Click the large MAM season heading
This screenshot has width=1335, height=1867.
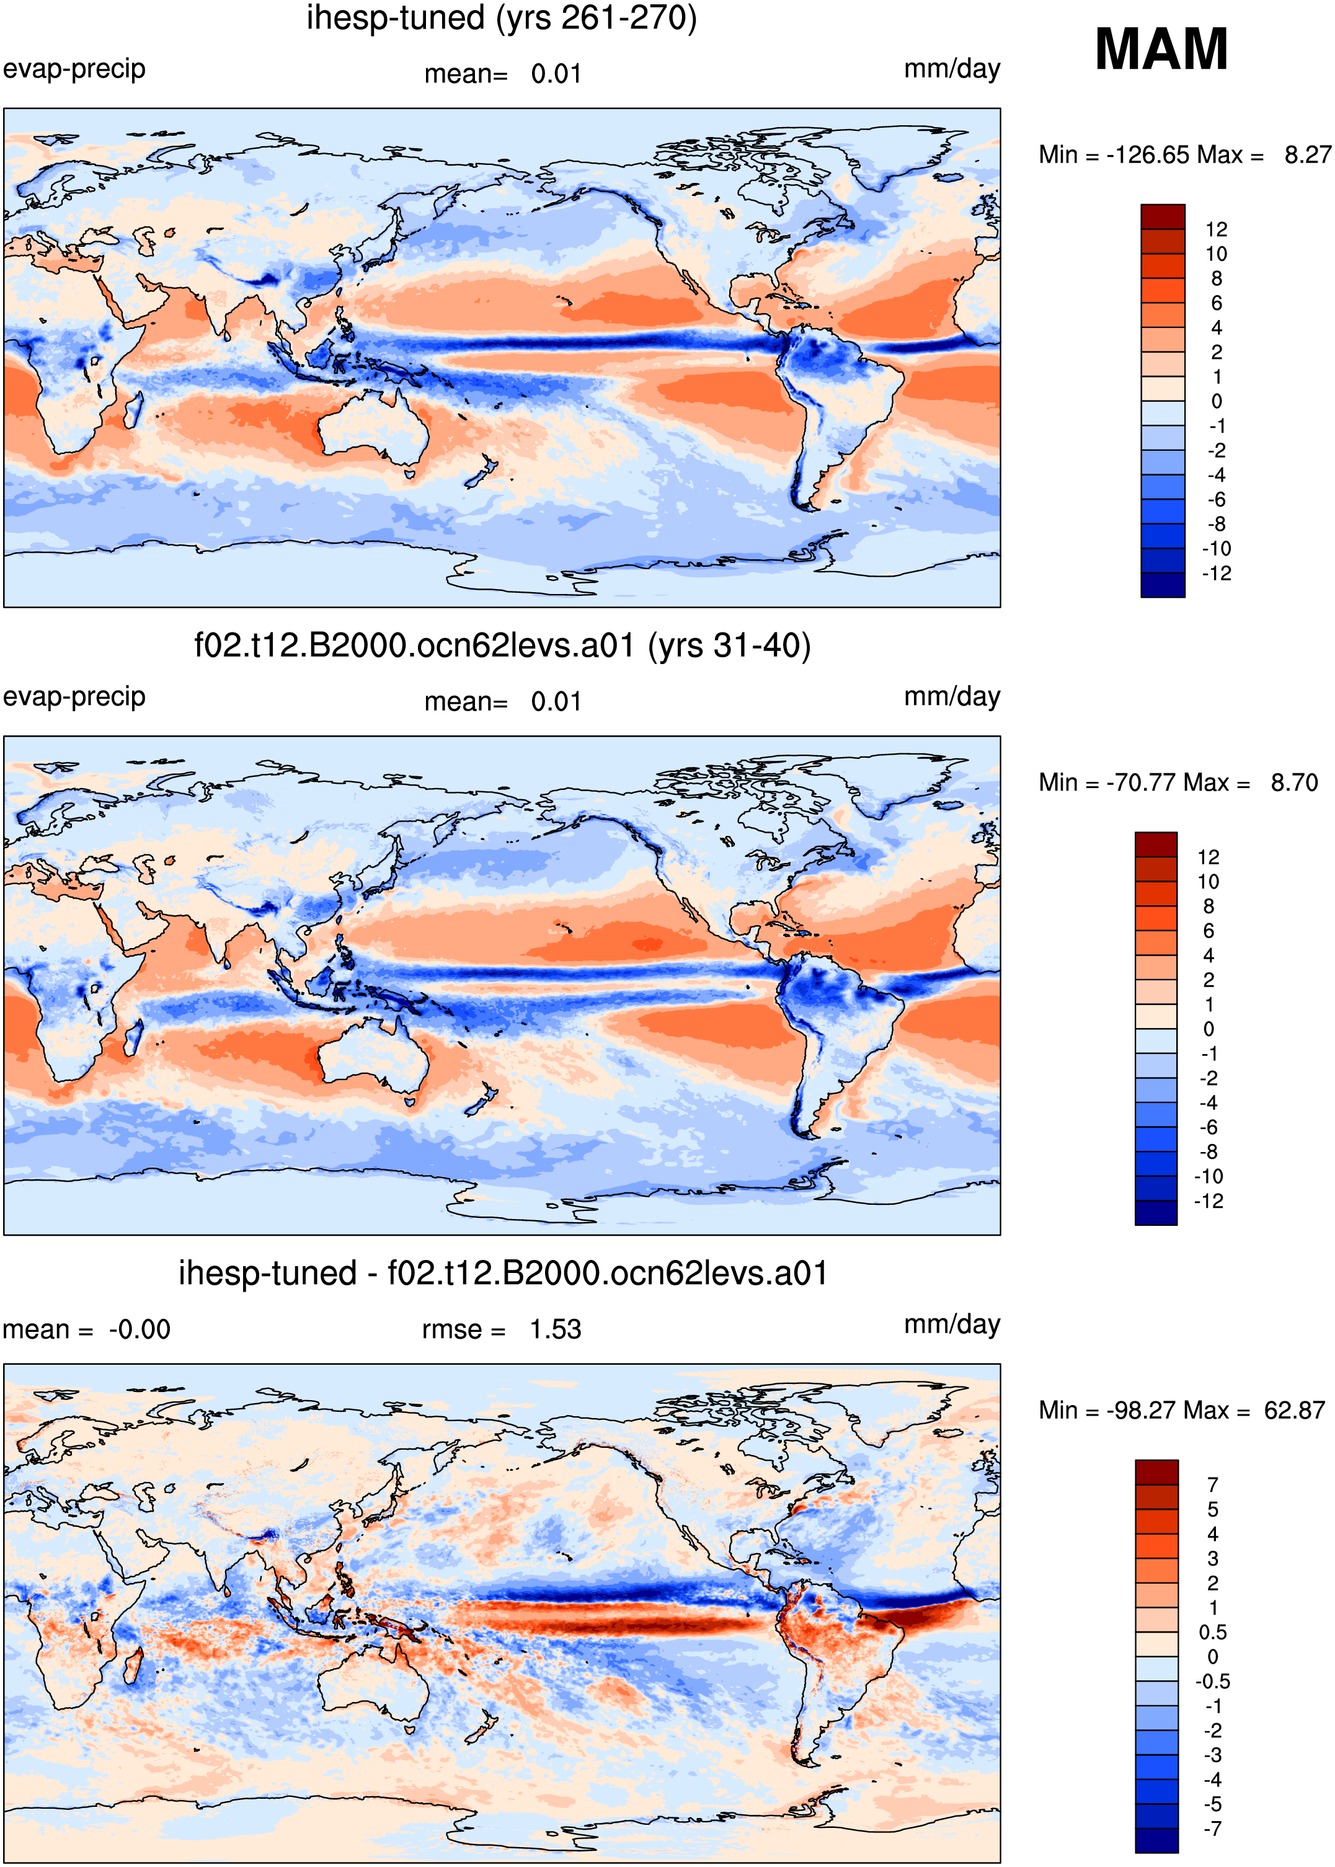1161,50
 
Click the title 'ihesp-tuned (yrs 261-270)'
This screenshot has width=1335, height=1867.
502,18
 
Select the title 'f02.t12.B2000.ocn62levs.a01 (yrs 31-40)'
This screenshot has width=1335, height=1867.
502,646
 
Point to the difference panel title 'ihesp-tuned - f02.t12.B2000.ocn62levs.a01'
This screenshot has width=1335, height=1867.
503,1274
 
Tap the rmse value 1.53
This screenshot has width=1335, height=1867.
555,1329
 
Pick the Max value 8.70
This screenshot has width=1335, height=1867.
1294,783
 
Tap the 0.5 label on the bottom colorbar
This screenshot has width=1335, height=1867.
1212,1633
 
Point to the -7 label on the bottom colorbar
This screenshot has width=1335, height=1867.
1212,1829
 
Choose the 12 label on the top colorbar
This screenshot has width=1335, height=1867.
1217,229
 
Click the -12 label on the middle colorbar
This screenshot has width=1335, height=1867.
1209,1201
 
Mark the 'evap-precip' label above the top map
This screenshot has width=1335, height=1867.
74,69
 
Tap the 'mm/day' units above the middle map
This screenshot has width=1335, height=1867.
952,697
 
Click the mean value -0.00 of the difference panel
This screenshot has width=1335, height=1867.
140,1329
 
